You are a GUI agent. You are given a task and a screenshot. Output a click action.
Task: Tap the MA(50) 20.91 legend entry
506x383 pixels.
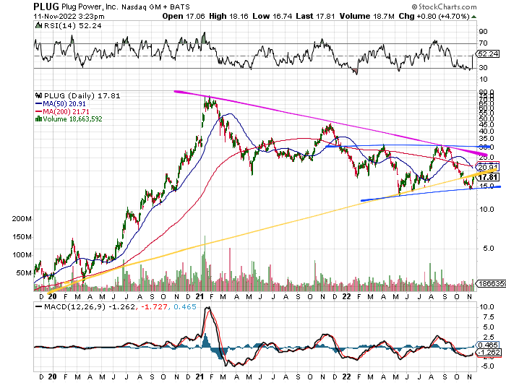tap(67, 103)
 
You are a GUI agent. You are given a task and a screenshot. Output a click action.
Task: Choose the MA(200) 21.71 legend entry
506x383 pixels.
tap(68, 111)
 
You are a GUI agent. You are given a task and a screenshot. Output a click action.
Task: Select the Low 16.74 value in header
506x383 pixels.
tap(267, 15)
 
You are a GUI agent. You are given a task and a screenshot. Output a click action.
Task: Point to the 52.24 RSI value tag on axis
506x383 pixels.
tap(489, 54)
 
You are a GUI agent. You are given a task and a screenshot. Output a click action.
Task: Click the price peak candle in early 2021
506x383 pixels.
tap(208, 99)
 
